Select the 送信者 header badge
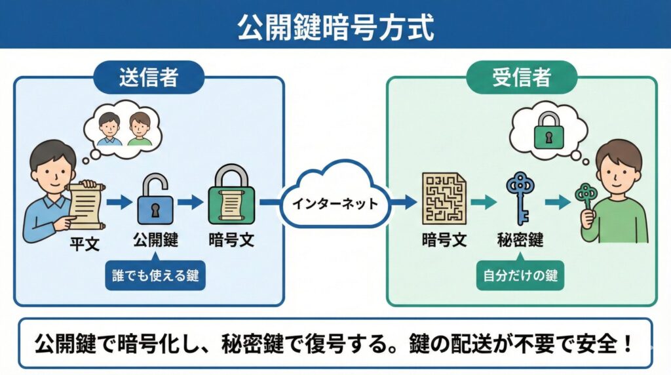pyautogui.click(x=149, y=77)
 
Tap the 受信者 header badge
pyautogui.click(x=522, y=77)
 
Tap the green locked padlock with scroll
pyautogui.click(x=231, y=197)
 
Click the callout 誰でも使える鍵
pyautogui.click(x=155, y=276)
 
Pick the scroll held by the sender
pyautogui.click(x=83, y=203)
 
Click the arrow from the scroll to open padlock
pyautogui.click(x=119, y=203)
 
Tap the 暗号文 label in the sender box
pyautogui.click(x=231, y=239)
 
